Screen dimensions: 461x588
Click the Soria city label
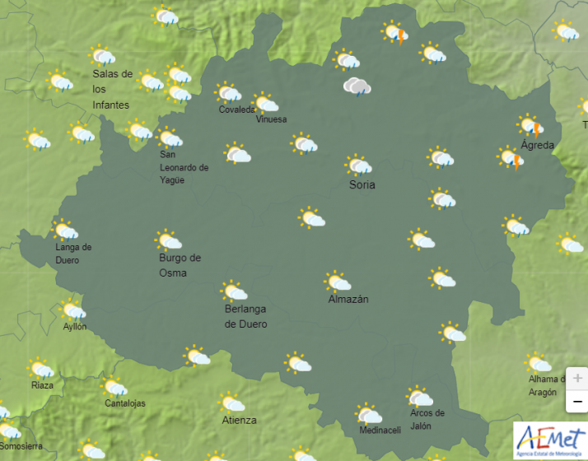coord(362,184)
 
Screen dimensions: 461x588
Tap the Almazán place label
coord(348,299)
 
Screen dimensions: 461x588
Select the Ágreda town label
coord(537,145)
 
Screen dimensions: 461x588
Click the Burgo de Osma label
coord(179,265)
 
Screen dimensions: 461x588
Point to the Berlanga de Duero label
coord(245,316)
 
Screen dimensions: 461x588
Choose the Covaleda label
coord(237,109)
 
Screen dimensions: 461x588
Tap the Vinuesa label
coord(271,119)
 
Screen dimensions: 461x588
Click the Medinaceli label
coord(380,431)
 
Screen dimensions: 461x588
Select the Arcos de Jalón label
coord(427,419)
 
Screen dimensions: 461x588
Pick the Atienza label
coord(239,420)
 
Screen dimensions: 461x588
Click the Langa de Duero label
coord(73,254)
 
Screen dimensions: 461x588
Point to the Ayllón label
coord(75,327)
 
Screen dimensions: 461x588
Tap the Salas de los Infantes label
coord(112,89)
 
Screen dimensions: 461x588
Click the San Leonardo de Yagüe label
coord(184,167)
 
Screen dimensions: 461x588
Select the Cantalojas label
coord(125,403)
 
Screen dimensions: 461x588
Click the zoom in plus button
coord(577,378)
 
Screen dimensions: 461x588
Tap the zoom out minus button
coord(577,401)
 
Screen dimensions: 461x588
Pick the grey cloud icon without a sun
coord(357,86)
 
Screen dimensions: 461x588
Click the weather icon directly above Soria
coord(358,165)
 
